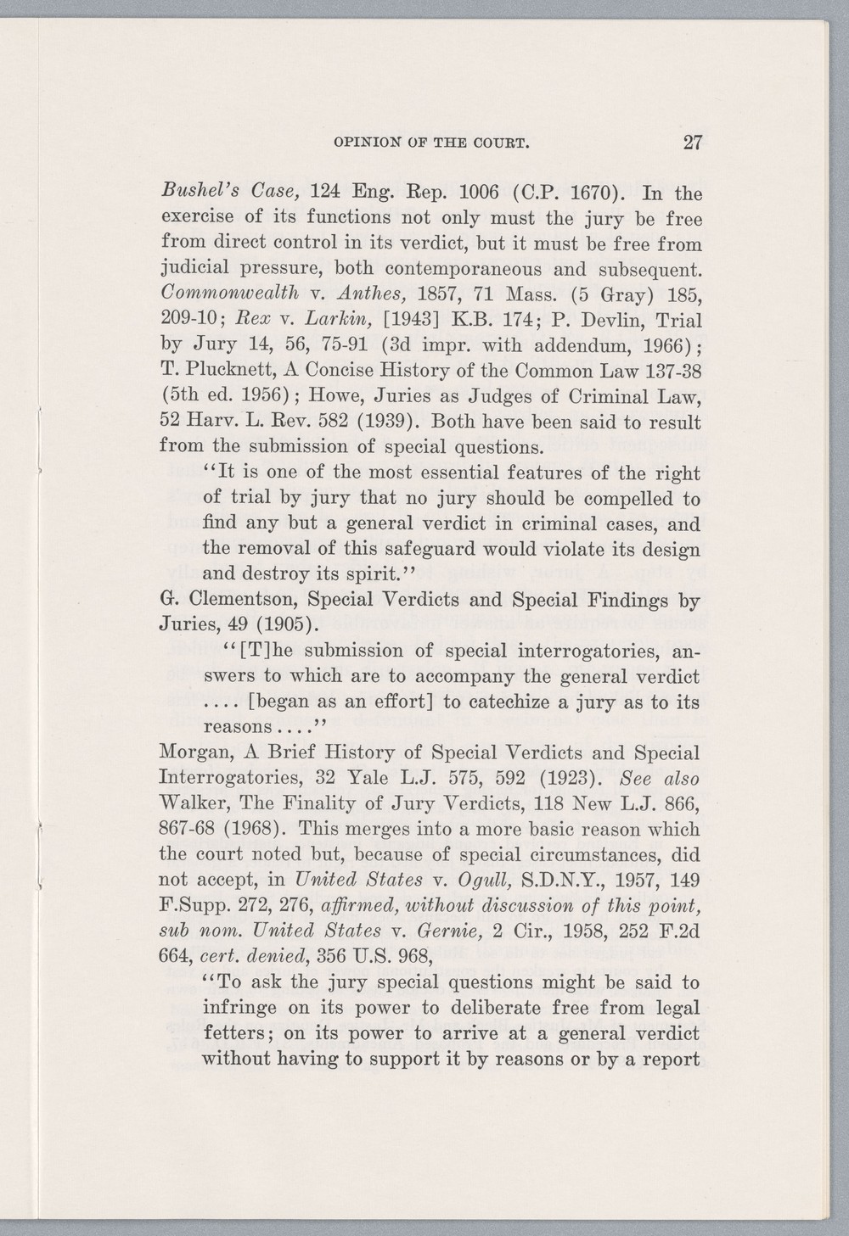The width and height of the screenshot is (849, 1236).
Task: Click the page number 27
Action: coord(691,143)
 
